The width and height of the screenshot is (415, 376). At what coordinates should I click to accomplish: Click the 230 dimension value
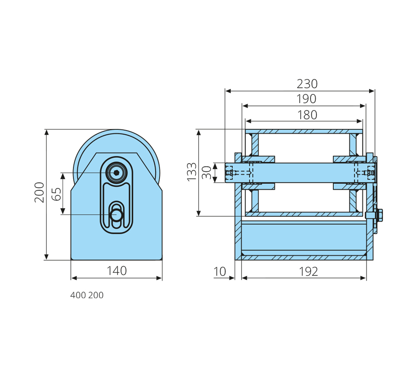coord(307,84)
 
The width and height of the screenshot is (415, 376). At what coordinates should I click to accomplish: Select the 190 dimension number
coord(306,99)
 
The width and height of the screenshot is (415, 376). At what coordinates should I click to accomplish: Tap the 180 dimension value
coord(307,115)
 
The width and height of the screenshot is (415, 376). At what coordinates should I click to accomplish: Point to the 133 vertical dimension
coord(192,172)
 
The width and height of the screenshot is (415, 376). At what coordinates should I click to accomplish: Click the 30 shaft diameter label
coord(207,172)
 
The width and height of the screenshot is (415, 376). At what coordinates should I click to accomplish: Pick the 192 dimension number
coord(308,272)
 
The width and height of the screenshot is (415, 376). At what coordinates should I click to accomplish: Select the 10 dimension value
coord(220,272)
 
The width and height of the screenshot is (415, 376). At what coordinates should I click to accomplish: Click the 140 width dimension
coord(117,271)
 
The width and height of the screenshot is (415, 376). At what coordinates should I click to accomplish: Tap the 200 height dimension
coord(40,192)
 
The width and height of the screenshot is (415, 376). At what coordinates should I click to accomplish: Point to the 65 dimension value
coord(56,194)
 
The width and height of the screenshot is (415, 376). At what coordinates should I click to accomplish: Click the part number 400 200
coord(87,296)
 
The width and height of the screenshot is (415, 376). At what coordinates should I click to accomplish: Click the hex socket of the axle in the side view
coord(117,173)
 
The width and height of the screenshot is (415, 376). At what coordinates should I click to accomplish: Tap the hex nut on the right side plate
coord(378,215)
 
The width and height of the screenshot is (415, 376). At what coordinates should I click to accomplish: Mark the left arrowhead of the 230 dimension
coord(228,91)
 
